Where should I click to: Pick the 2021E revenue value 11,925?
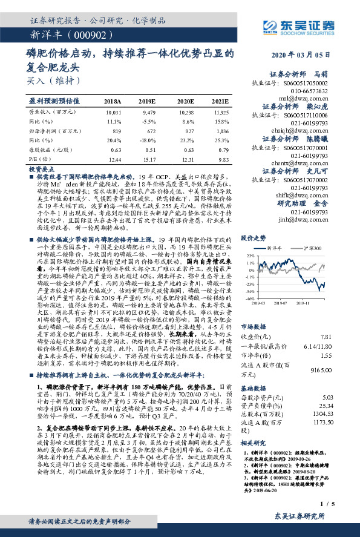[x=222, y=113]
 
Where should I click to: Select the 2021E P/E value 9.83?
[x=224, y=157]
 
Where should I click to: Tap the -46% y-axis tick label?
[x=249, y=298]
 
